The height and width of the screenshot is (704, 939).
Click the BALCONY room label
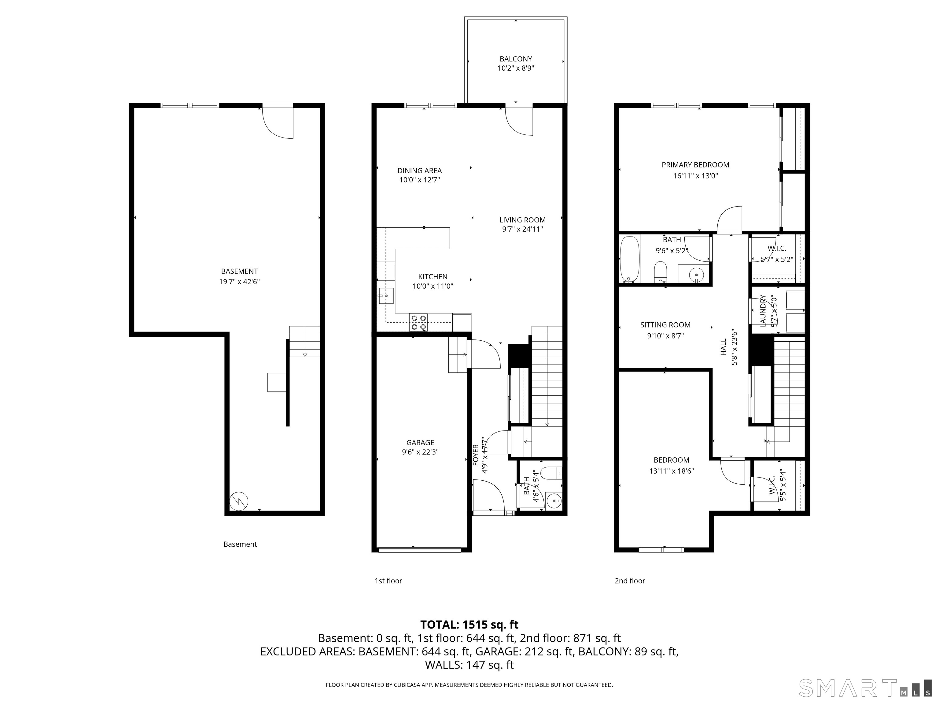(515, 59)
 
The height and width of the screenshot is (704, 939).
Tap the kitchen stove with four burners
(418, 322)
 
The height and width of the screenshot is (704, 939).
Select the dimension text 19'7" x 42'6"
(239, 281)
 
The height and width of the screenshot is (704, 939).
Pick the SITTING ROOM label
(665, 324)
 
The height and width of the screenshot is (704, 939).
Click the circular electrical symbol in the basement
(238, 502)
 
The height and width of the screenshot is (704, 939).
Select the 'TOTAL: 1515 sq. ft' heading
(469, 625)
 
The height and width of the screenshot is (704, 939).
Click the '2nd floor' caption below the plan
(630, 581)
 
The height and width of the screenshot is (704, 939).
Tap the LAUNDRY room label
(763, 311)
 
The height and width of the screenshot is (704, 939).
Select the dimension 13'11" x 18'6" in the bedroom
(671, 471)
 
